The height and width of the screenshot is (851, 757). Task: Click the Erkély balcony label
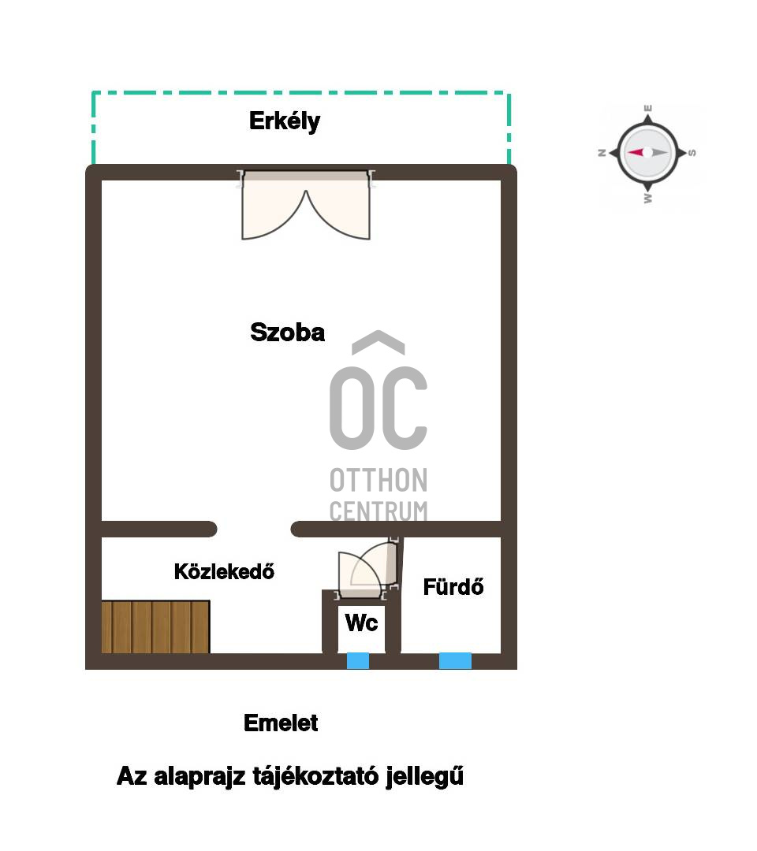click(285, 121)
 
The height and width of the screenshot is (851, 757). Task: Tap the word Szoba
click(287, 333)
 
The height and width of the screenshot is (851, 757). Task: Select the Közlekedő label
click(224, 571)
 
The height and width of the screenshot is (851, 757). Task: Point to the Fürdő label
click(453, 587)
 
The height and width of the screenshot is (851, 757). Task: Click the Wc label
click(362, 622)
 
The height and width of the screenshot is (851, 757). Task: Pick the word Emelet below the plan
click(281, 723)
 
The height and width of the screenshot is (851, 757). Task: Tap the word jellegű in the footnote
click(425, 777)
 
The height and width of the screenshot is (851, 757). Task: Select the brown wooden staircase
click(155, 627)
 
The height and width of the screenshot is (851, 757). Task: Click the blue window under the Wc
click(358, 660)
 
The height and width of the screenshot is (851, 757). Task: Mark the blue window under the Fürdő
click(455, 660)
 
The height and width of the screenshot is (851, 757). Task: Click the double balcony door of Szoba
click(306, 205)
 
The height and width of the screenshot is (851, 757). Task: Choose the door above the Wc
click(368, 569)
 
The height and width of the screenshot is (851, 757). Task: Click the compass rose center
click(647, 153)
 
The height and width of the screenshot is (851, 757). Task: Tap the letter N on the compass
click(602, 153)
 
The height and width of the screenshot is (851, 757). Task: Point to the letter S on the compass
click(692, 153)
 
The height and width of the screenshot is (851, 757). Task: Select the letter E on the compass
click(648, 108)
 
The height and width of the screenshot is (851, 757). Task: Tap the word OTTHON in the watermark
click(378, 481)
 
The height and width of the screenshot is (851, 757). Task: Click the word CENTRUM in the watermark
click(378, 511)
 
